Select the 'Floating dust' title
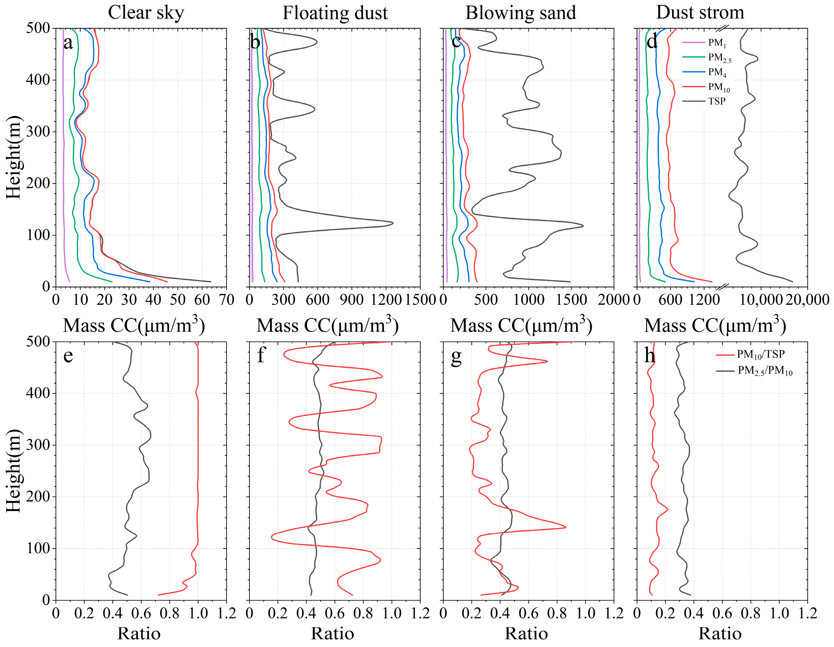coord(335,13)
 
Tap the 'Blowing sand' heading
coord(521,13)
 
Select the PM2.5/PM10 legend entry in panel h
coord(765,371)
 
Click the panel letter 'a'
coord(68,43)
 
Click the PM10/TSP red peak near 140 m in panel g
coord(566,527)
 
